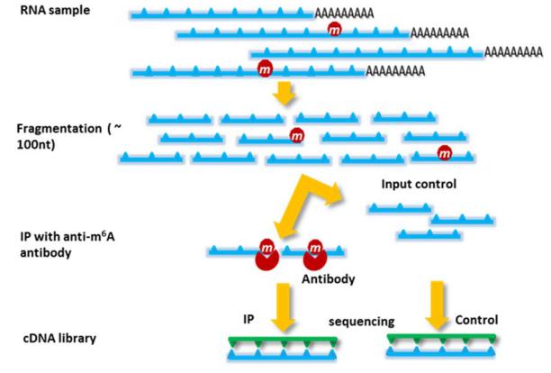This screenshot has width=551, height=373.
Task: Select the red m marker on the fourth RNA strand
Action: [265, 68]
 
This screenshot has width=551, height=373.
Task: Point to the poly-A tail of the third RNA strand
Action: [514, 52]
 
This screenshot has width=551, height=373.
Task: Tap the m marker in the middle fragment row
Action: [296, 135]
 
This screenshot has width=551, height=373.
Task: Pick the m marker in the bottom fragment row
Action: [444, 153]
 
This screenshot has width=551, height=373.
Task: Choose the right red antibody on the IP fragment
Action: [315, 256]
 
